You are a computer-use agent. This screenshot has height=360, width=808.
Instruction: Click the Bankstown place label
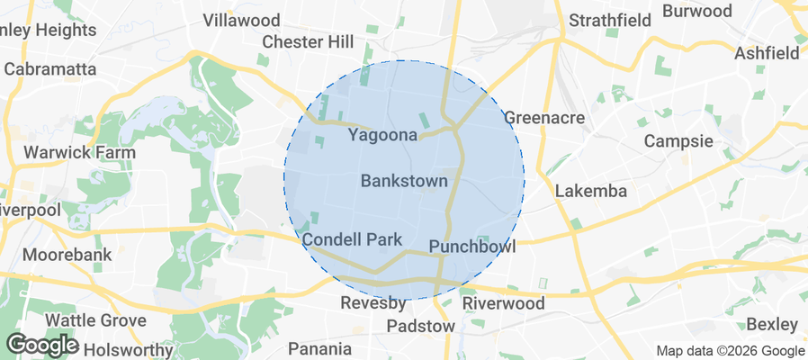(x=404, y=181)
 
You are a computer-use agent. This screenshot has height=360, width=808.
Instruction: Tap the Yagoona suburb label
(x=383, y=136)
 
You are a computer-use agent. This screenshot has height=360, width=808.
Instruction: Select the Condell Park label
(x=352, y=240)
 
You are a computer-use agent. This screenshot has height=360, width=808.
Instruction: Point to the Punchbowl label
(x=472, y=247)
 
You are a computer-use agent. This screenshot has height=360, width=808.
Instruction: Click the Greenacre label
(x=544, y=118)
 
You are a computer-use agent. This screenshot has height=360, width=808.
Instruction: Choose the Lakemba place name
(x=589, y=191)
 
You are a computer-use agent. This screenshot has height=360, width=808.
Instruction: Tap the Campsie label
(x=678, y=141)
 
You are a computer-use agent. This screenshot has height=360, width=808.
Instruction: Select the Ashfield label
(x=767, y=53)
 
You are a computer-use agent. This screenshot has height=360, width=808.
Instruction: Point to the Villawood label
(x=241, y=20)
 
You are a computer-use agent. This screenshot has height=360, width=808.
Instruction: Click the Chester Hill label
(x=307, y=42)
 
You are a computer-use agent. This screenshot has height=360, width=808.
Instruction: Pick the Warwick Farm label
(x=79, y=152)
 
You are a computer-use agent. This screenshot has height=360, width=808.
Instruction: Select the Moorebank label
(x=67, y=255)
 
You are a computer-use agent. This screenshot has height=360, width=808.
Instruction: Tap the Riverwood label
(x=504, y=303)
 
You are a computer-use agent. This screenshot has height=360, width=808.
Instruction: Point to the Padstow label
(x=421, y=326)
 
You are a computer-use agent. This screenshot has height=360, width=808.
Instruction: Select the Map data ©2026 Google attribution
(x=730, y=351)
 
